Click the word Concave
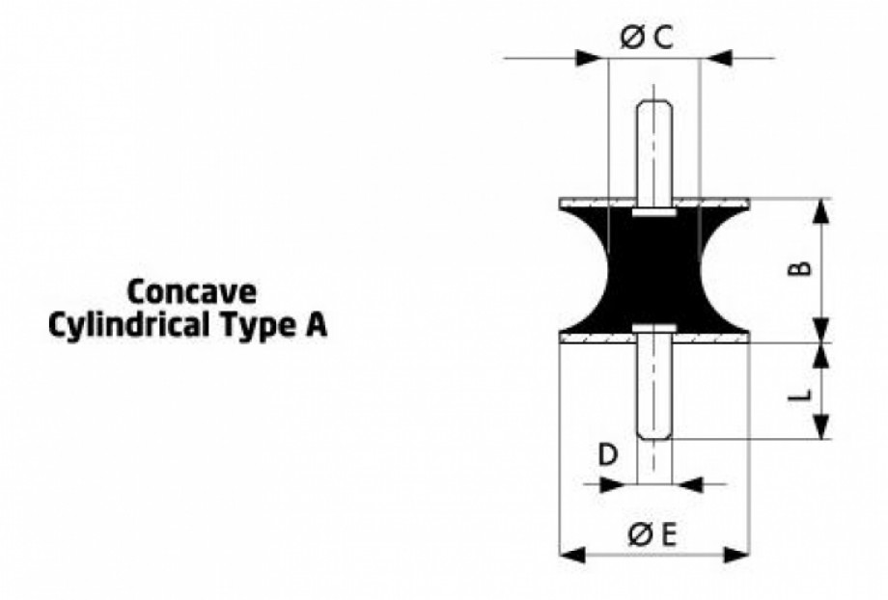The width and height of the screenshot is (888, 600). pos(191,292)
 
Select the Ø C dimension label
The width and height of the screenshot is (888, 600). pos(646,38)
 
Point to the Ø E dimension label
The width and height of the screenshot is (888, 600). pos(652,535)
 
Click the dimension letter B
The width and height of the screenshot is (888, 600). pos(800,268)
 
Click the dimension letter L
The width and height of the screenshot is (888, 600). pos(800,395)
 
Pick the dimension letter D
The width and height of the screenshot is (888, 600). pos(608,455)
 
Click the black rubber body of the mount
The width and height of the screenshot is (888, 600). pos(654,270)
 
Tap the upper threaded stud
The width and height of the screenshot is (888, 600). pos(654,152)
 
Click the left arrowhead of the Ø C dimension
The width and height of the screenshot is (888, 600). pos(588,58)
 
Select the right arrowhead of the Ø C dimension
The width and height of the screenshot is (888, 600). pos(719,58)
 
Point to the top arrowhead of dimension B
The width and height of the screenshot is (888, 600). pos(821,211)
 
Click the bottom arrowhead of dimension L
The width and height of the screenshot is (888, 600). pos(821,426)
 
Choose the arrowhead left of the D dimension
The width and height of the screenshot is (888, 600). pos(611,484)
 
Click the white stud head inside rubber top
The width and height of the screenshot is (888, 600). pos(654,212)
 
